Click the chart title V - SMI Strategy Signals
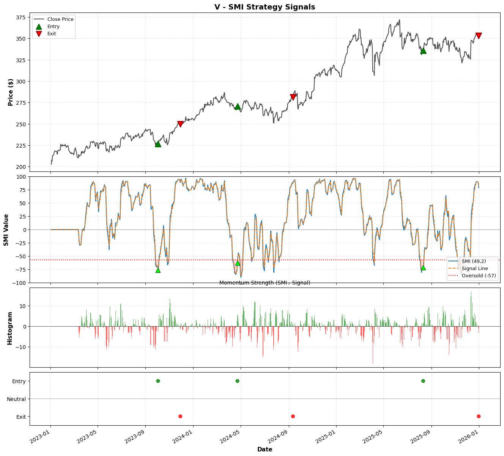pyautogui.click(x=265, y=7)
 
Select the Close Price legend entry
pyautogui.click(x=60, y=19)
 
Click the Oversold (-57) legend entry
pyautogui.click(x=479, y=276)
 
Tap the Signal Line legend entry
pyautogui.click(x=475, y=269)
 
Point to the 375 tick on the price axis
pyautogui.click(x=20, y=17)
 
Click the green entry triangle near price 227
pyautogui.click(x=158, y=144)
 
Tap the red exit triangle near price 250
pyautogui.click(x=180, y=124)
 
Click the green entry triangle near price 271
pyautogui.click(x=238, y=107)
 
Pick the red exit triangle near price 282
pyautogui.click(x=293, y=97)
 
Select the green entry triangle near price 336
pyautogui.click(x=423, y=50)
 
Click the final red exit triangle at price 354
pyautogui.click(x=479, y=36)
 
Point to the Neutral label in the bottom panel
pyautogui.click(x=16, y=399)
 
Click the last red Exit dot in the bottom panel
pyautogui.click(x=479, y=416)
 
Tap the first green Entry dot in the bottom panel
pyautogui.click(x=158, y=381)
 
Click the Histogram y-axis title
pyautogui.click(x=10, y=328)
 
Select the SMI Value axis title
pyautogui.click(x=6, y=230)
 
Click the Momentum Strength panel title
pyautogui.click(x=265, y=283)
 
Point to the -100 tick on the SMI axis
pyautogui.click(x=19, y=283)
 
